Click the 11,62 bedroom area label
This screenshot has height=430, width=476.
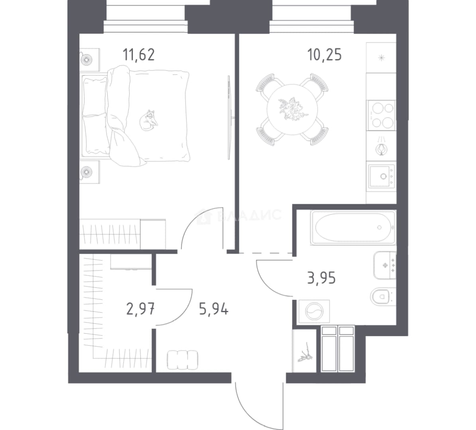coord(139,55)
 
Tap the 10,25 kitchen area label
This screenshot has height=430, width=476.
coord(325,55)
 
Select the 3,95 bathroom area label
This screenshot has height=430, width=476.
coord(321,278)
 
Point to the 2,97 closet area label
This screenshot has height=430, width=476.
coord(140,309)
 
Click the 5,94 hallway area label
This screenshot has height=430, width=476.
coord(214,309)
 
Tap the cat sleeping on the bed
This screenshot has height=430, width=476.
coord(148,120)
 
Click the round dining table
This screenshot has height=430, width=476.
coord(292,109)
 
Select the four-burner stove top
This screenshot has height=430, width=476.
coord(381,115)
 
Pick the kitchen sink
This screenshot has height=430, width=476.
coord(382,176)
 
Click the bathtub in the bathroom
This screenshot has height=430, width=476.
coord(353,227)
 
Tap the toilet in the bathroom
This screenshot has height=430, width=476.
coord(382,296)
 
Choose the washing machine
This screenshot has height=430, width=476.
coord(314,311)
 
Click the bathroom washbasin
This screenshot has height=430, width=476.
coord(385,265)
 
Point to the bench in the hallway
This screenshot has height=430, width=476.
coord(183,360)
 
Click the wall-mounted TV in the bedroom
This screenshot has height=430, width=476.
coord(230,118)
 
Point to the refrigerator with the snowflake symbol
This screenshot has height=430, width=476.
coord(381,58)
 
